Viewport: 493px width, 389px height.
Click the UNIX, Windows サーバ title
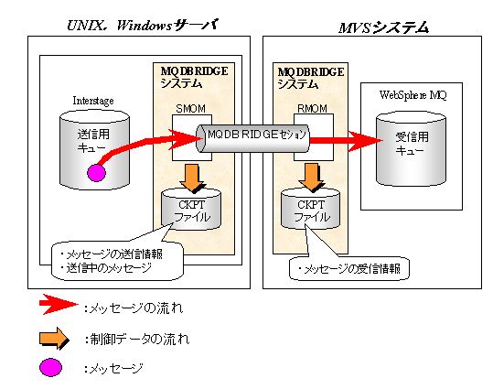tap(143, 26)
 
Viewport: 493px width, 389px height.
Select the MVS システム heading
tap(383, 27)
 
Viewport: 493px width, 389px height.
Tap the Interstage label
tap(93, 101)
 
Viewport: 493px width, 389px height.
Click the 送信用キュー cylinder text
tap(93, 141)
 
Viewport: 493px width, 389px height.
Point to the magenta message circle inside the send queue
tap(96, 173)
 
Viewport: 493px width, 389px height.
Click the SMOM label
tap(190, 109)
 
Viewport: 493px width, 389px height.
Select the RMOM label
tap(312, 109)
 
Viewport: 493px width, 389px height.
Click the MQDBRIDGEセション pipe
tap(252, 138)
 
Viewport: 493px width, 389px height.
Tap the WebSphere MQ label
tap(413, 94)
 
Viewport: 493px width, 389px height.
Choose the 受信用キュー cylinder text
tap(412, 143)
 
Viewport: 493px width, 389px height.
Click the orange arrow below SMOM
tap(192, 178)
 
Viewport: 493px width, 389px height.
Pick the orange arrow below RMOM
tap(311, 178)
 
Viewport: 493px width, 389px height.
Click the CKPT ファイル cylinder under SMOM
tap(191, 210)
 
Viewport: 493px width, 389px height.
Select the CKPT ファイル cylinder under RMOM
tap(310, 209)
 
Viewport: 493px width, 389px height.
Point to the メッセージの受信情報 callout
tap(349, 268)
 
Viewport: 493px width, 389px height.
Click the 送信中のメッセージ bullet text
tap(106, 268)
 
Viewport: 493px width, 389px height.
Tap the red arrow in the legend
tap(59, 305)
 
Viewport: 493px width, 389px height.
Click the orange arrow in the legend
tap(54, 339)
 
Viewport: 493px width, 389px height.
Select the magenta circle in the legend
tap(50, 367)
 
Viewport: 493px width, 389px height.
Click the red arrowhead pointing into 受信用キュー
tap(365, 141)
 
